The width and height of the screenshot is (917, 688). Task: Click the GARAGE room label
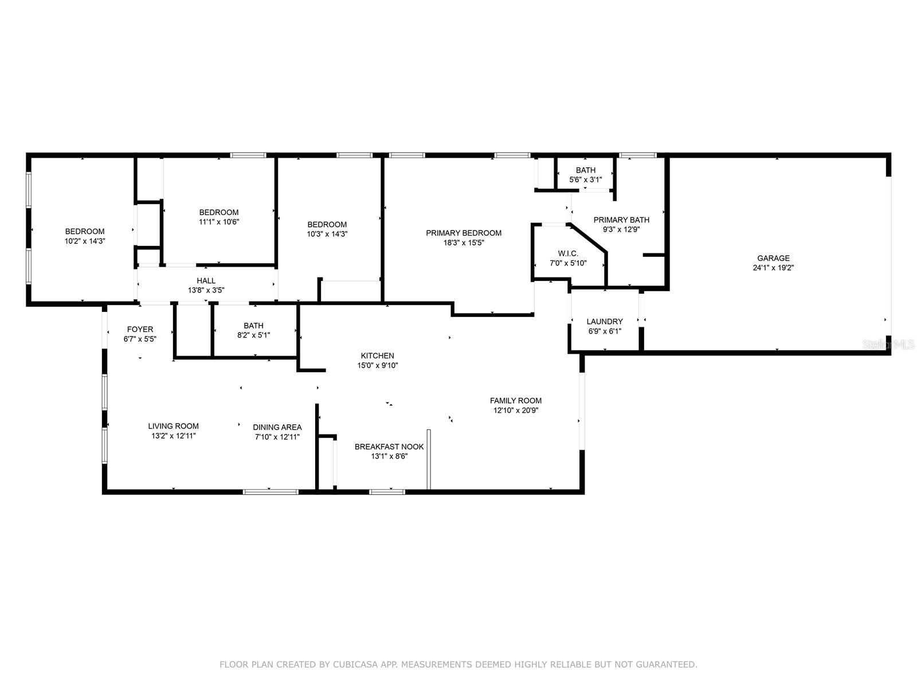coord(773,258)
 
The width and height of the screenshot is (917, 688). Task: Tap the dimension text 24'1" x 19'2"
coord(773,268)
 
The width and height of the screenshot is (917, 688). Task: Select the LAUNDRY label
coord(605,322)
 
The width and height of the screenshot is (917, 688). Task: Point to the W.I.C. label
coord(568,253)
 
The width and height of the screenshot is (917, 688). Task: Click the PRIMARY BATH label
coord(621,220)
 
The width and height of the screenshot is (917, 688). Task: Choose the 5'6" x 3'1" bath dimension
coord(585,180)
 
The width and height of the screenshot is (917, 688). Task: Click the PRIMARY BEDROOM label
coord(464,233)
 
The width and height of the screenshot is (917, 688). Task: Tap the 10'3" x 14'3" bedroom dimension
coord(327,234)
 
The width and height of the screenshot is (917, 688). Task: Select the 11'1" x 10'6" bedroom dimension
coord(218,222)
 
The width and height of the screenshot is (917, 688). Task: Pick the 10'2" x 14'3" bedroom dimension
coord(84,241)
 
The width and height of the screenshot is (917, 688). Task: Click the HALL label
coord(206,280)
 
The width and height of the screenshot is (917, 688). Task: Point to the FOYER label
coord(140,329)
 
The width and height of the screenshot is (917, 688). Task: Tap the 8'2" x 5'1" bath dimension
coord(253,335)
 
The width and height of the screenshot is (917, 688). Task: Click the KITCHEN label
coord(377,355)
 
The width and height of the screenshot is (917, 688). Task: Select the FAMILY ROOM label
coord(515,401)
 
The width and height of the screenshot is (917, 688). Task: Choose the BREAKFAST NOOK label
coord(389,447)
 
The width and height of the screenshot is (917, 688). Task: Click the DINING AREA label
coord(277,427)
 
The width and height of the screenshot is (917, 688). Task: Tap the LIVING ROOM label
coord(173,426)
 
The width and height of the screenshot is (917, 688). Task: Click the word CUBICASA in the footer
coord(355,664)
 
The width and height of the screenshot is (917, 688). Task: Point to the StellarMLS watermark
coord(889,344)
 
